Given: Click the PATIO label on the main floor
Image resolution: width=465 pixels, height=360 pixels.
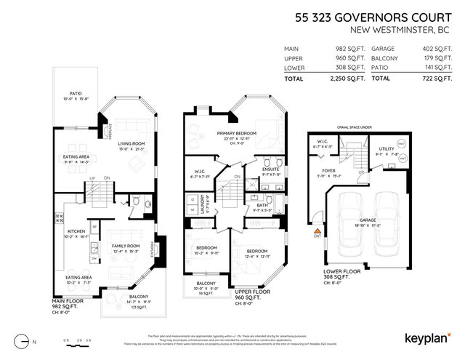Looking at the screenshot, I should [x=75, y=93].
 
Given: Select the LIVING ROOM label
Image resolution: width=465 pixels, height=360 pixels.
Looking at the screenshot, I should [x=132, y=143].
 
